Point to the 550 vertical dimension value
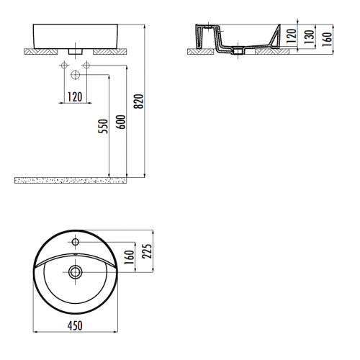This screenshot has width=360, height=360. [104, 125]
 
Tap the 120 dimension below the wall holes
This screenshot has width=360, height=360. [75, 96]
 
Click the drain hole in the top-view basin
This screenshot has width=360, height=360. [76, 271]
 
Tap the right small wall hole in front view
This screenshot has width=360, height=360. [86, 66]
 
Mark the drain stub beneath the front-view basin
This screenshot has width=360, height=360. [75, 52]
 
